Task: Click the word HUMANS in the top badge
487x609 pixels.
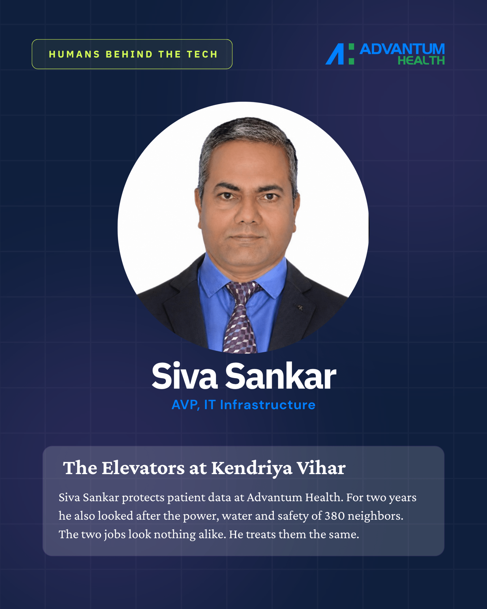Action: [74, 54]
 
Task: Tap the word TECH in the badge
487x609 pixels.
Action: [202, 54]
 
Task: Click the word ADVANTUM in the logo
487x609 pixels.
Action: [402, 49]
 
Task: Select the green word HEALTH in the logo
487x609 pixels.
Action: [421, 60]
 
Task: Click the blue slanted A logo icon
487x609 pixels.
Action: [335, 54]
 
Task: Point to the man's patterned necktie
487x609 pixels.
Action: [242, 316]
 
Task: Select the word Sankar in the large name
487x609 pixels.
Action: [281, 376]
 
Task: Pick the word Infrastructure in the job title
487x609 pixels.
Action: [268, 405]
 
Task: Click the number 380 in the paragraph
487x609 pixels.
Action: [335, 516]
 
